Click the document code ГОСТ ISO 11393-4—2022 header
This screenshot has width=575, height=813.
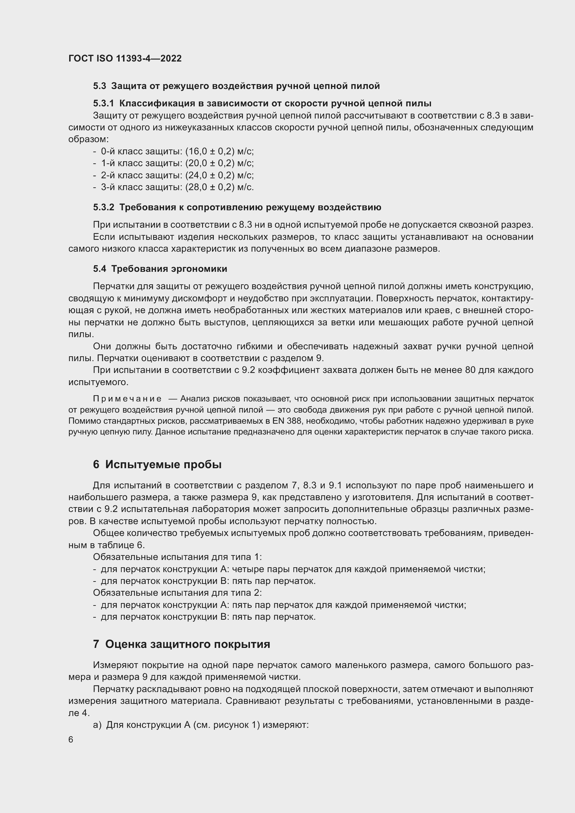pyautogui.click(x=125, y=58)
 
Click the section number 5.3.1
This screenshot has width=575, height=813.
pyautogui.click(x=103, y=103)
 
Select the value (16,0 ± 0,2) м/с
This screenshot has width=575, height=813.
pyautogui.click(x=219, y=151)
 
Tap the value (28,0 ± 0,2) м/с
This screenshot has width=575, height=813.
pyautogui.click(x=219, y=187)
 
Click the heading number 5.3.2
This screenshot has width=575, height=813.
pyautogui.click(x=103, y=207)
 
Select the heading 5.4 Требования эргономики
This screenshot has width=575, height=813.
pyautogui.click(x=160, y=269)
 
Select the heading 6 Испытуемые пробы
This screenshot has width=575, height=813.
pyautogui.click(x=157, y=464)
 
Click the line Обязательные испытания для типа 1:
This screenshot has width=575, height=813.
pyautogui.click(x=177, y=557)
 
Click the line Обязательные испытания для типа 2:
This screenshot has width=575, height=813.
pyautogui.click(x=177, y=593)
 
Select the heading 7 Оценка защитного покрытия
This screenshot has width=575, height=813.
pyautogui.click(x=181, y=644)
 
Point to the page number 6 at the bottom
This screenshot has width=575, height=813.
pyautogui.click(x=71, y=740)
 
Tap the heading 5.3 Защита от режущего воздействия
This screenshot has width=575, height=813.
pyautogui.click(x=236, y=86)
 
